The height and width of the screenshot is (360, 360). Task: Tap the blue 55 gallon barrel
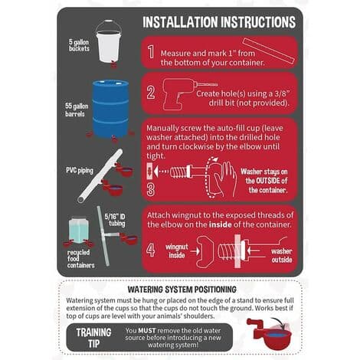pos(110,109)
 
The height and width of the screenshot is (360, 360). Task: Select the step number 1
pos(151,52)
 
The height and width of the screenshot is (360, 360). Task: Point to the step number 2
pos(151,93)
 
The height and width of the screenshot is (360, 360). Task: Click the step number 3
pos(151,190)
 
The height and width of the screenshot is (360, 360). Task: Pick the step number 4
pos(151,250)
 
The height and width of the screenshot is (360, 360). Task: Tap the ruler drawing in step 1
pos(268,51)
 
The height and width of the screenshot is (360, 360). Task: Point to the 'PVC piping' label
pos(80,170)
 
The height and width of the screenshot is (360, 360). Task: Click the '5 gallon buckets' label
pos(79,45)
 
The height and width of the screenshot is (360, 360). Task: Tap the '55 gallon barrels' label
pos(77,110)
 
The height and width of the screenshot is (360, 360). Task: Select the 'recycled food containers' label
pos(80,259)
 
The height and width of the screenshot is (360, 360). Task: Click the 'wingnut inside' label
pos(177,251)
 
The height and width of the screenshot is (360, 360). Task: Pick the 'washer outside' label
pos(282,255)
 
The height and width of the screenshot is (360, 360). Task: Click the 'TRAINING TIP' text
pos(93,338)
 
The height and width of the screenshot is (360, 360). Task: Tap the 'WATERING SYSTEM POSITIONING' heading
pos(182,290)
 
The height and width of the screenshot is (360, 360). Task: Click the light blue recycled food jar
pos(79,230)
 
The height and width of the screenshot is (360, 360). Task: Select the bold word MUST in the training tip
pos(147,331)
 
